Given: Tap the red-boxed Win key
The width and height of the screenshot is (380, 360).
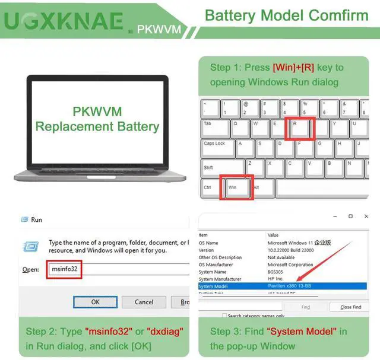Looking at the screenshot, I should pyautogui.click(x=236, y=187).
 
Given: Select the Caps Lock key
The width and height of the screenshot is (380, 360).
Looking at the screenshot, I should pyautogui.click(x=217, y=149).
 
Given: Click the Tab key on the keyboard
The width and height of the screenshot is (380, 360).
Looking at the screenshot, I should pyautogui.click(x=214, y=128).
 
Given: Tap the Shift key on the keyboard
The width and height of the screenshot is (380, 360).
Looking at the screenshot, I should pyautogui.click(x=222, y=168).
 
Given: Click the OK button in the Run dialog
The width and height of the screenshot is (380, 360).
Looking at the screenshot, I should pyautogui.click(x=95, y=302).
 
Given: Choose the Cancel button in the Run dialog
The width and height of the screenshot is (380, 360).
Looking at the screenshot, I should pyautogui.click(x=144, y=302).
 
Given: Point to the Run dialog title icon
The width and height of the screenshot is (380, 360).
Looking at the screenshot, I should pyautogui.click(x=24, y=219).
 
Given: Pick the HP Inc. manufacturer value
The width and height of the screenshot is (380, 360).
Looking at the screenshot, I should pyautogui.click(x=277, y=279).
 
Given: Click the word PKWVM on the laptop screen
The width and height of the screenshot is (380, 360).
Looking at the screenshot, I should pyautogui.click(x=97, y=111).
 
